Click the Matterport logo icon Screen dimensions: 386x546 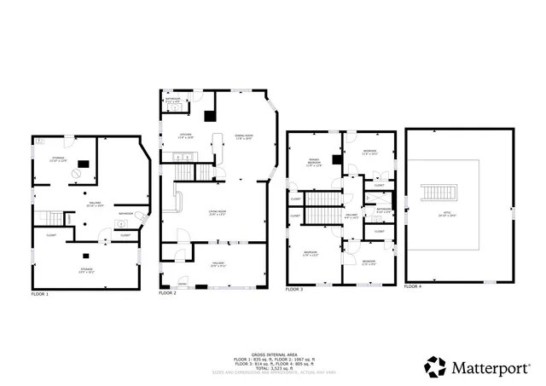click(x=435, y=366)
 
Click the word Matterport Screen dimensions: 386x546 click(x=490, y=367)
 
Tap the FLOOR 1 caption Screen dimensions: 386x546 click(x=40, y=294)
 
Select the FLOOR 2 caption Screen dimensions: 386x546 click(x=167, y=293)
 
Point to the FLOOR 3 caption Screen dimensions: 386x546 click(x=293, y=290)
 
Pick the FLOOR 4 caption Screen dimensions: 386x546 click(x=412, y=287)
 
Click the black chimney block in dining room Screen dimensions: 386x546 click(x=210, y=118)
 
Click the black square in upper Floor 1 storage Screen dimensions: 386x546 click(x=83, y=165)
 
